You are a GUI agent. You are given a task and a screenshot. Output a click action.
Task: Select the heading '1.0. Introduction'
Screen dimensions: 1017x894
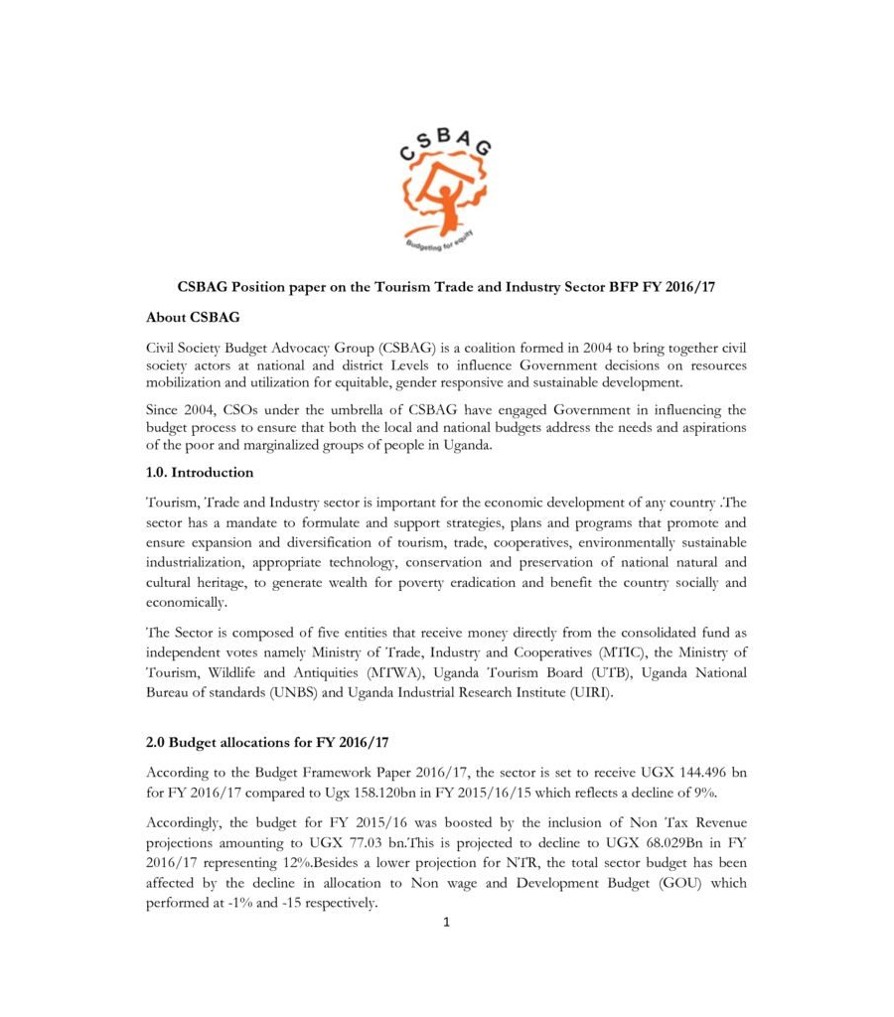point(200,473)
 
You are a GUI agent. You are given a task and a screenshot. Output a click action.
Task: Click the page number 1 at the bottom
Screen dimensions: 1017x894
point(447,923)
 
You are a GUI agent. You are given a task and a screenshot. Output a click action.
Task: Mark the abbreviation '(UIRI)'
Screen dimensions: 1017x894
point(586,693)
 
